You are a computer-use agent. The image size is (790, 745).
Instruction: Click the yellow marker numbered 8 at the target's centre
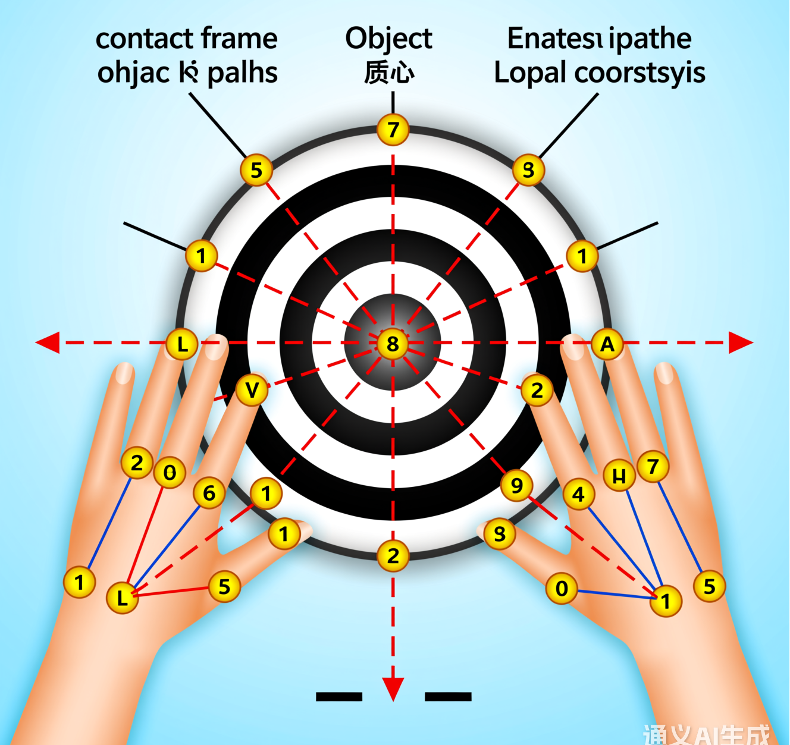[393, 343]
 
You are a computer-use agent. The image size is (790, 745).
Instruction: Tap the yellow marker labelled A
[607, 344]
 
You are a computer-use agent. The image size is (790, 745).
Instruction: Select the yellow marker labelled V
[252, 391]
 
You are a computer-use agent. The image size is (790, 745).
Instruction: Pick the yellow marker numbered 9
[516, 485]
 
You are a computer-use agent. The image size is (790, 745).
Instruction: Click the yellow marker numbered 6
[209, 493]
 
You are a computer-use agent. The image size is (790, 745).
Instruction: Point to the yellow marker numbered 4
[578, 494]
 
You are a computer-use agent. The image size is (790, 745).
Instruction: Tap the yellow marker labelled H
[619, 476]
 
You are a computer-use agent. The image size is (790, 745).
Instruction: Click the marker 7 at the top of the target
[393, 129]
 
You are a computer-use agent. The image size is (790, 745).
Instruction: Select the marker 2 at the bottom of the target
[393, 556]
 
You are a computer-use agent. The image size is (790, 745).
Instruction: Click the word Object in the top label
[388, 39]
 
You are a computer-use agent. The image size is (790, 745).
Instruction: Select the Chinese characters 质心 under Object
[389, 73]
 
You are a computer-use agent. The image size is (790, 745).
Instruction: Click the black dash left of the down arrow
[339, 696]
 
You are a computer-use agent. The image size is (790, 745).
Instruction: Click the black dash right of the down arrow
[448, 696]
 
